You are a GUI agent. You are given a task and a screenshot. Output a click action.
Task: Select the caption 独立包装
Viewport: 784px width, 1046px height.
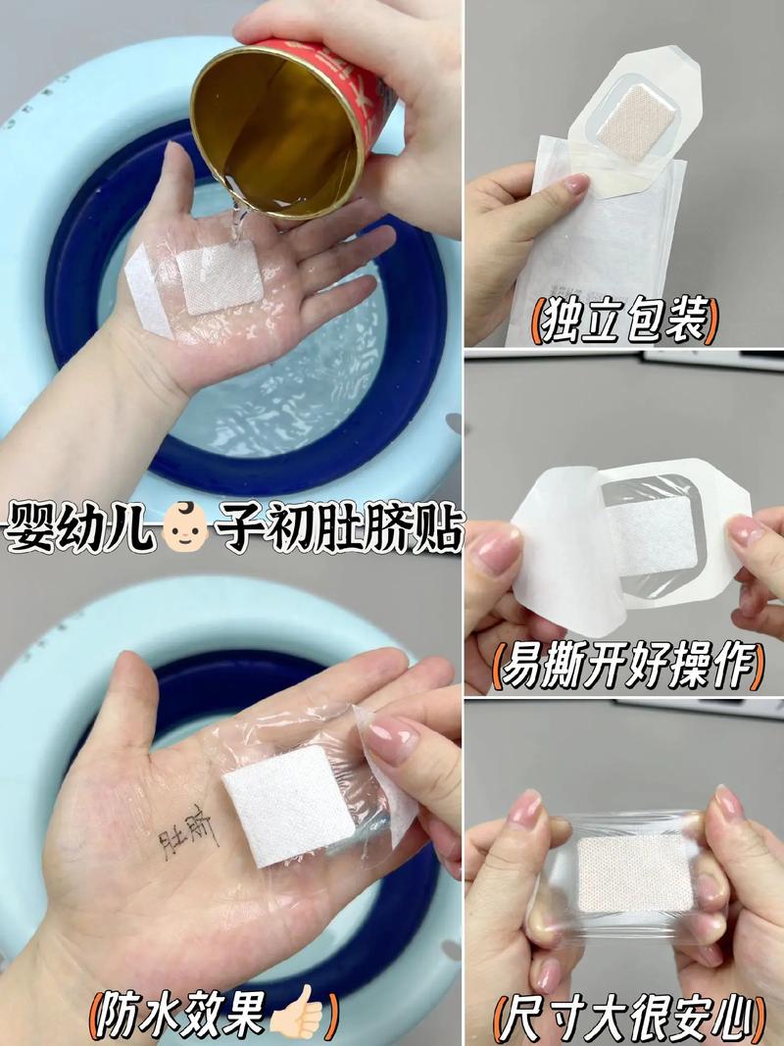(624, 320)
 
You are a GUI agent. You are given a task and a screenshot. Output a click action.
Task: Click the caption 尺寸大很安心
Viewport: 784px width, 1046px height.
(628, 1016)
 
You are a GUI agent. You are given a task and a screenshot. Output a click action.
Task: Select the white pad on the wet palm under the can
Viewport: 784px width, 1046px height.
(221, 279)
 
